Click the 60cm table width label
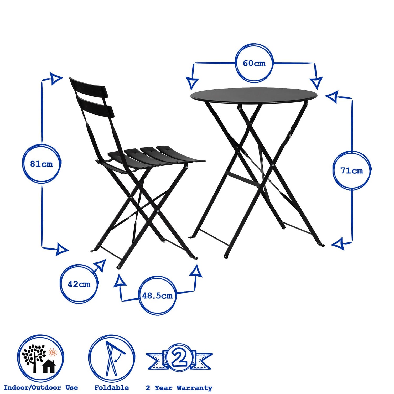(254, 63)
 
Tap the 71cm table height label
(351, 170)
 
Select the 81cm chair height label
(42, 164)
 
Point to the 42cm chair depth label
(79, 284)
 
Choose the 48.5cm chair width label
(157, 296)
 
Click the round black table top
(253, 95)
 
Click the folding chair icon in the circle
(112, 359)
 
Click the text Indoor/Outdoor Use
(41, 388)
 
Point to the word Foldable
(112, 388)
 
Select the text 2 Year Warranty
(179, 388)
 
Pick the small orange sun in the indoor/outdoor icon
(53, 352)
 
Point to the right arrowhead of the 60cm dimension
(316, 83)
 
